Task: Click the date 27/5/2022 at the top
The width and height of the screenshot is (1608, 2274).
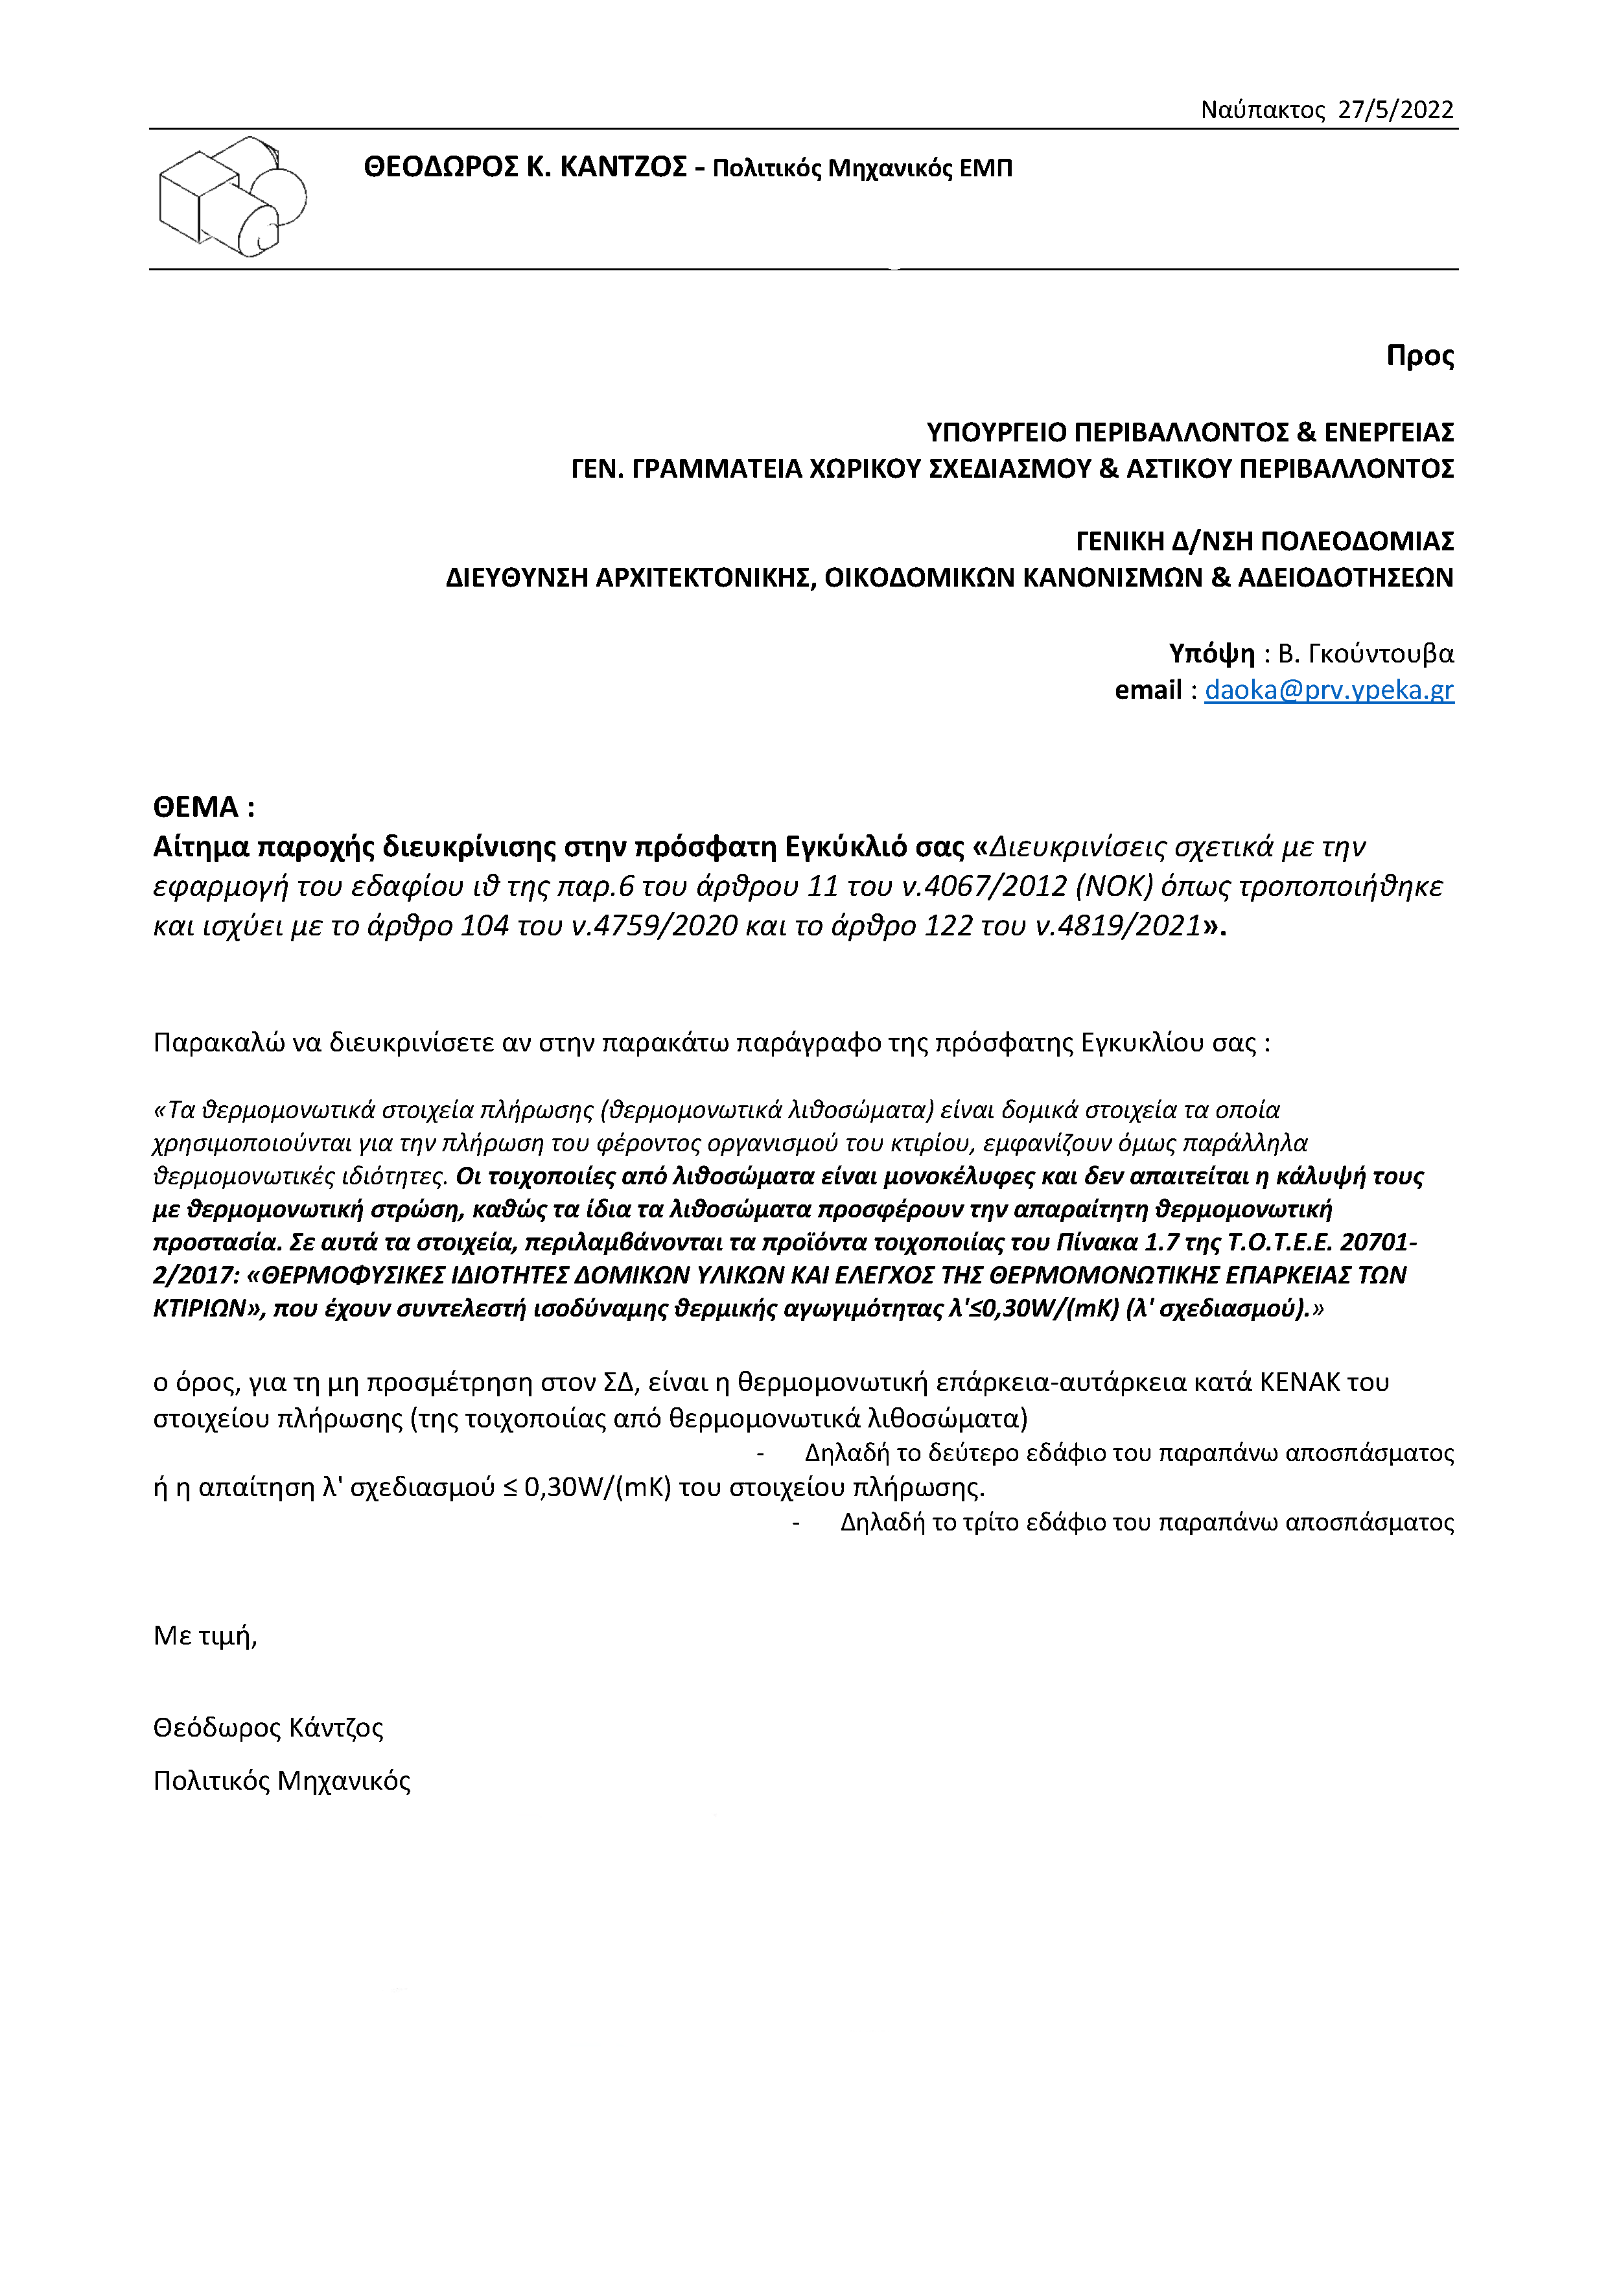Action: (1395, 110)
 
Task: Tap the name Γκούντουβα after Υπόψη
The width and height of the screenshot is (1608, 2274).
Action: (1366, 653)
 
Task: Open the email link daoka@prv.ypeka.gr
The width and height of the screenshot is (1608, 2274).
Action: (1329, 690)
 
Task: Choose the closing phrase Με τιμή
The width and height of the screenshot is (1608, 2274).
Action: (205, 1635)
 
